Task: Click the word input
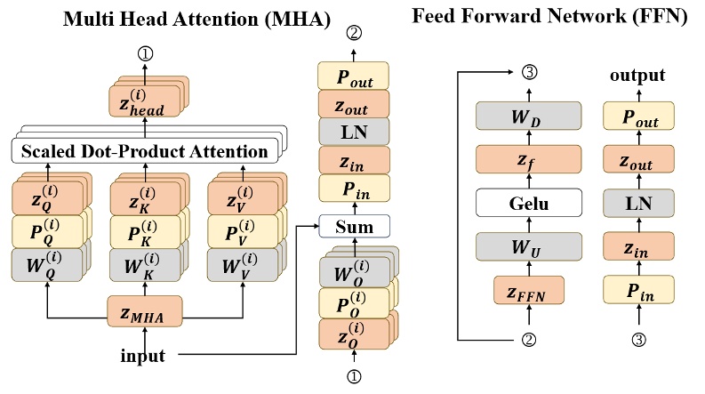tap(143, 357)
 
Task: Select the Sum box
tap(354, 227)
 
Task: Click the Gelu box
tap(528, 203)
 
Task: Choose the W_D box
tap(528, 117)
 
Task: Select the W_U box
tap(528, 245)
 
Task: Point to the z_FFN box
tap(528, 290)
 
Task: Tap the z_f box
tap(528, 160)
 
